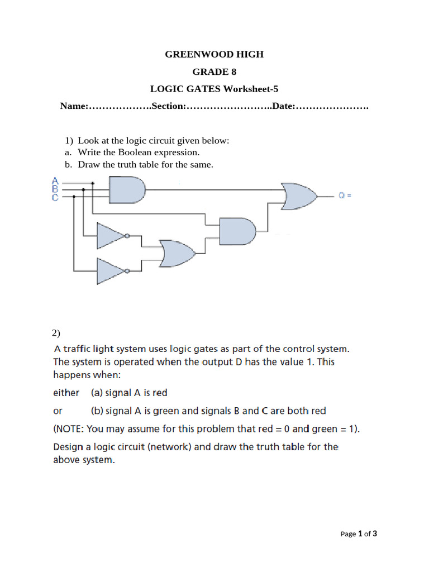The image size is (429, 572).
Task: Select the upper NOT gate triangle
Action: pos(111,236)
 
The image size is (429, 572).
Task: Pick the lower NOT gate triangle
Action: pos(111,271)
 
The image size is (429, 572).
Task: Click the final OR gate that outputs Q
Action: pos(299,196)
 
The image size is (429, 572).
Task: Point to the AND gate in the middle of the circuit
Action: pos(237,230)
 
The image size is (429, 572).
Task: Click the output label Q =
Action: pos(345,196)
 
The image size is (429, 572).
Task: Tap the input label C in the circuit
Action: pos(55,197)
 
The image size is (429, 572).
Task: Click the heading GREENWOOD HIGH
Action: pos(214,54)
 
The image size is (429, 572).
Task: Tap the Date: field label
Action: pos(284,106)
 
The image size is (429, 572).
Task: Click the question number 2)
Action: pos(56,333)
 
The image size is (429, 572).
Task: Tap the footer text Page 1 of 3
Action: pos(359,533)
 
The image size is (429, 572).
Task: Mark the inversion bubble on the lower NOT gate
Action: pos(127,271)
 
